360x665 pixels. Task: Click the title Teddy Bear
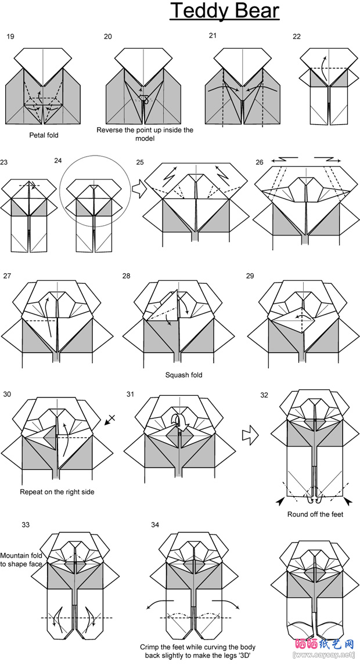coord(224,12)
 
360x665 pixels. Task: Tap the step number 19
coord(10,37)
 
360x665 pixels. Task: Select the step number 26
coord(260,162)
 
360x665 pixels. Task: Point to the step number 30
coord(7,395)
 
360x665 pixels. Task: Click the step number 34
coord(155,525)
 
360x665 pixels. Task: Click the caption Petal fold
coord(44,135)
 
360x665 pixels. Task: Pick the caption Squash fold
coord(183,375)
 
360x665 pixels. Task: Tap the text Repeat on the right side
coord(57,492)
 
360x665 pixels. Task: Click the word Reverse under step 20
coord(110,131)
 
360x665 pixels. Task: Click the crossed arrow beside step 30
coord(110,420)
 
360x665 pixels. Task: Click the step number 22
coord(297,37)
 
